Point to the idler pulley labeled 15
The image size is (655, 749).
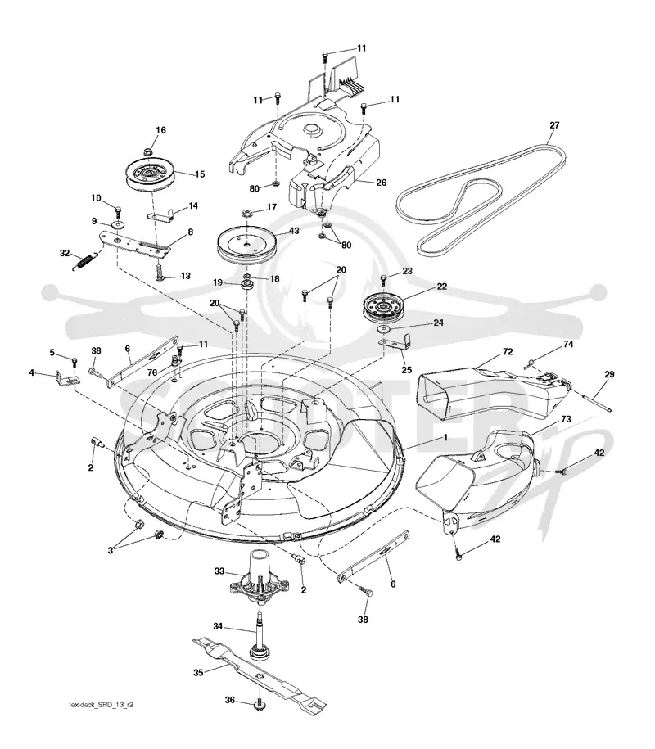[x=151, y=175]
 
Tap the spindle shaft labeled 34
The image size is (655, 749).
[x=261, y=635]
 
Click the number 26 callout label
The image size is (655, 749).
[x=381, y=182]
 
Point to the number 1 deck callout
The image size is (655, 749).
[x=445, y=437]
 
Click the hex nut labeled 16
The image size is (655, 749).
[x=148, y=152]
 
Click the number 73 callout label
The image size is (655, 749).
[x=566, y=419]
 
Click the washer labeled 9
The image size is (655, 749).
[x=116, y=224]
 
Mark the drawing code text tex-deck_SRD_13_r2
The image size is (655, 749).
[x=101, y=705]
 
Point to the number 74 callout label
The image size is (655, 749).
[x=568, y=344]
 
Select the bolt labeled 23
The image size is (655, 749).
[x=382, y=282]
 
